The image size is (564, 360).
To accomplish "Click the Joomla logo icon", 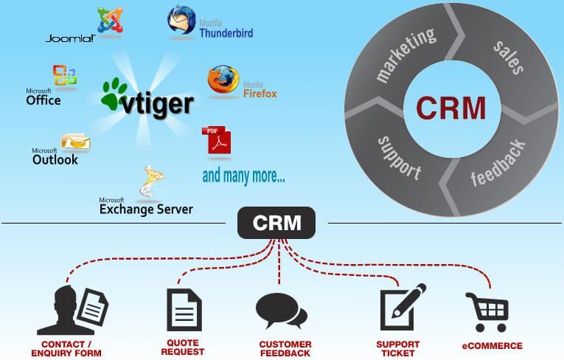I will click(x=110, y=19).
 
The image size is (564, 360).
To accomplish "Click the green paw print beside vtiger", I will click(x=115, y=95).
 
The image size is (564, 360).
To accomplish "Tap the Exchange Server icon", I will click(x=151, y=184).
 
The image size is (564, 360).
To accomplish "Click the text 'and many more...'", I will click(x=243, y=176).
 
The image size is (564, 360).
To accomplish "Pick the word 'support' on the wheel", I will click(x=399, y=157).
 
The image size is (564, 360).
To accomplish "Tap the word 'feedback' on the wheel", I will click(x=499, y=162).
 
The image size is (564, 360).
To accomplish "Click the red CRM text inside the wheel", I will click(x=450, y=108).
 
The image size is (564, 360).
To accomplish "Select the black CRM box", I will click(x=276, y=222).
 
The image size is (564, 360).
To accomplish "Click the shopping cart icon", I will click(x=487, y=311).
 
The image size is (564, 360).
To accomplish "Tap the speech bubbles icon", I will click(x=281, y=311).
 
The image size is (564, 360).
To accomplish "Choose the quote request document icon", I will click(x=184, y=309).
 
